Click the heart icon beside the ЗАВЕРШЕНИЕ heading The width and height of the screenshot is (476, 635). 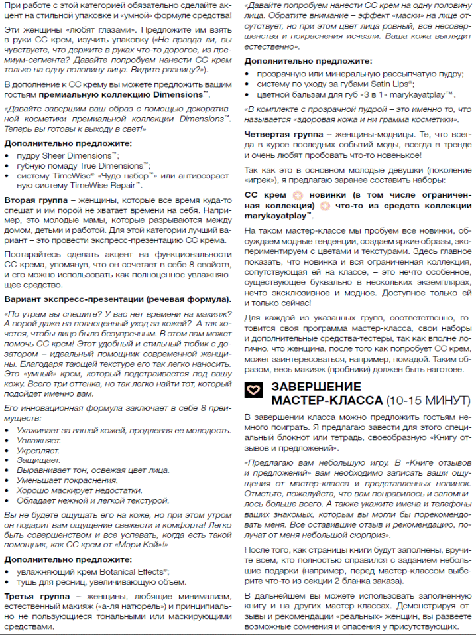(x=254, y=391)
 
